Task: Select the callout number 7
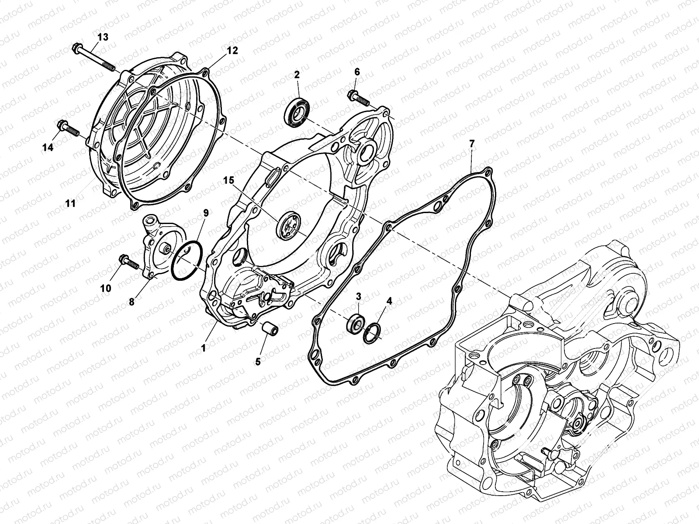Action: pyautogui.click(x=471, y=143)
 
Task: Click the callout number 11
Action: pyautogui.click(x=70, y=203)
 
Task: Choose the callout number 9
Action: pyautogui.click(x=206, y=213)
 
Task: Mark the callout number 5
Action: pyautogui.click(x=258, y=362)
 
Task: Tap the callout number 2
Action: pyautogui.click(x=309, y=74)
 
